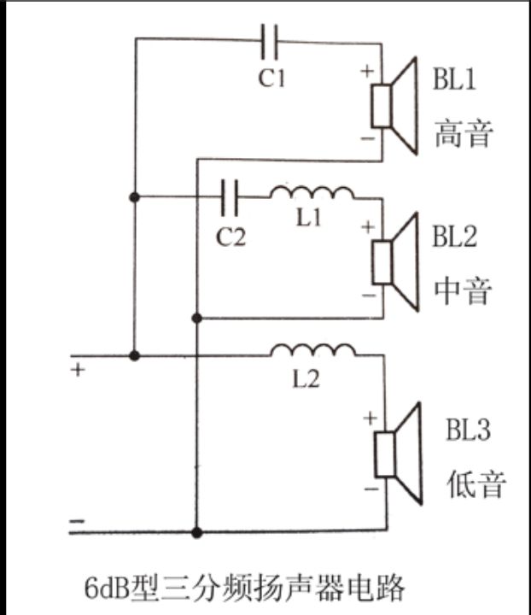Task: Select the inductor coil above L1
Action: click(312, 193)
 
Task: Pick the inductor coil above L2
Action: click(312, 350)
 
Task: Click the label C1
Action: click(271, 79)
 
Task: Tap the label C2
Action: click(230, 237)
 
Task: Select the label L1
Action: click(309, 219)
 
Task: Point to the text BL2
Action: click(453, 237)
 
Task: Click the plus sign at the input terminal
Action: click(78, 372)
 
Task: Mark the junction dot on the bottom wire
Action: click(197, 532)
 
